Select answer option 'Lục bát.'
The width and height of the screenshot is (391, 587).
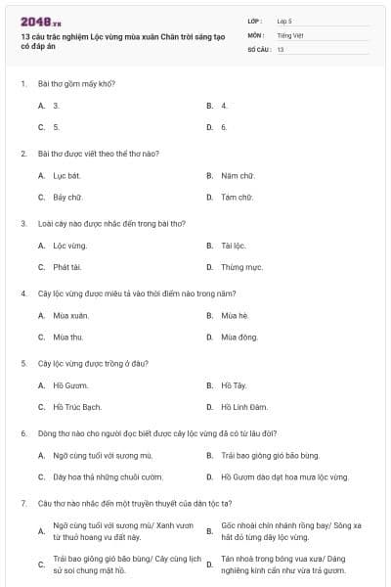(x=66, y=175)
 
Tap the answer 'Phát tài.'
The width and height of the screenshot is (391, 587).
(x=66, y=266)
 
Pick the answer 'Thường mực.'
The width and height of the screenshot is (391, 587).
(x=241, y=266)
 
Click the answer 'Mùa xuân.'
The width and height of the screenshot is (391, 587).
(x=70, y=315)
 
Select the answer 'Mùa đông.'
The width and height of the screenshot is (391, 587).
(x=239, y=337)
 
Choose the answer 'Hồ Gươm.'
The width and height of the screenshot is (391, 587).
(x=70, y=385)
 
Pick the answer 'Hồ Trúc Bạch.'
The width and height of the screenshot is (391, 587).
(x=77, y=407)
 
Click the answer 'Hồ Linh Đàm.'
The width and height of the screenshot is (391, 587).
(x=241, y=407)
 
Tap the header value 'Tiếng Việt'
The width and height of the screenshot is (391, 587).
(x=289, y=34)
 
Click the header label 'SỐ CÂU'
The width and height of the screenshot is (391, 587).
(x=259, y=48)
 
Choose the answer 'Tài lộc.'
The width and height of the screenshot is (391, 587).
(x=234, y=246)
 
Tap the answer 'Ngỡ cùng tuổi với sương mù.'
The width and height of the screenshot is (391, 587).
(x=103, y=455)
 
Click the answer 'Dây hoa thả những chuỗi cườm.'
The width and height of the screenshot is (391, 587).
(x=108, y=476)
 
